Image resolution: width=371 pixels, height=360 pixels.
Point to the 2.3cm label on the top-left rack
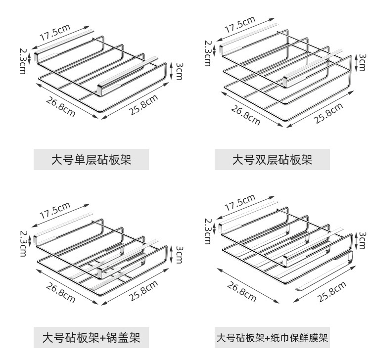22,60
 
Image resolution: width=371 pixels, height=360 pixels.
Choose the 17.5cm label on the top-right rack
240,24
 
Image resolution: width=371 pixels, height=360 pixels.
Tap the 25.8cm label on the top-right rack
328,113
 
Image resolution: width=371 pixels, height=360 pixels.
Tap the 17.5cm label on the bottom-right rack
240,203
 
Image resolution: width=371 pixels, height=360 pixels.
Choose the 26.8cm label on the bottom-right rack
242,292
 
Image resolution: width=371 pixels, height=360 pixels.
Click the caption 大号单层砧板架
92,159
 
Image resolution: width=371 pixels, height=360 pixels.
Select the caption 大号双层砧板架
273,159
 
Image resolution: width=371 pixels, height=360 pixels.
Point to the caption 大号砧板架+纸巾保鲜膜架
273,338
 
